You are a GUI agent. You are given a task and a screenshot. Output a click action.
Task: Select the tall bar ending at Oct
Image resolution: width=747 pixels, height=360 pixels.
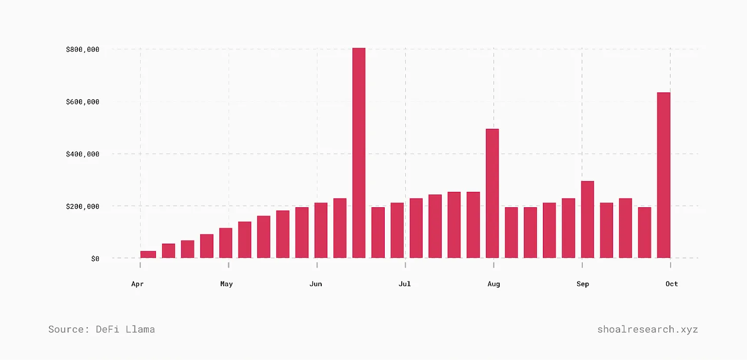663,175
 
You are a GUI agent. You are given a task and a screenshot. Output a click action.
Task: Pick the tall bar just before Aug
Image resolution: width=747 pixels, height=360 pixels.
492,193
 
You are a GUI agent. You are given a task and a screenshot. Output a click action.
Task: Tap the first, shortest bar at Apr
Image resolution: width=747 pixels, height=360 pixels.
148,254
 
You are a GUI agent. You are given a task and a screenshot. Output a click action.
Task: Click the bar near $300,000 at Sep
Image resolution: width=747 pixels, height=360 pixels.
587,219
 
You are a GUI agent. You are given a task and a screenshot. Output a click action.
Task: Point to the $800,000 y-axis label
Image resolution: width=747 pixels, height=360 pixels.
82,49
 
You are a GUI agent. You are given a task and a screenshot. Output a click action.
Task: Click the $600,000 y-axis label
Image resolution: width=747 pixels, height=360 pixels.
82,102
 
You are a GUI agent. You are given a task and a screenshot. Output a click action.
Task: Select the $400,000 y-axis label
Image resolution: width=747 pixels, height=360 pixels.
82,154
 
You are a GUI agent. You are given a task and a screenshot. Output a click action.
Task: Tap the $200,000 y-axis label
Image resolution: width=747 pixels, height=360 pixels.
82,206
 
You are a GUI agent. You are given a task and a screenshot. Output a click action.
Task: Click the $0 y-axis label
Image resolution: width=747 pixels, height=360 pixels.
95,258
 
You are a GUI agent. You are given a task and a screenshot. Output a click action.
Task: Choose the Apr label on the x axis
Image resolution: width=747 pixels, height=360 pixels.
137,284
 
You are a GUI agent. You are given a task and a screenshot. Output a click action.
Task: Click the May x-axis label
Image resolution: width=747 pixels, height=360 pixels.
226,284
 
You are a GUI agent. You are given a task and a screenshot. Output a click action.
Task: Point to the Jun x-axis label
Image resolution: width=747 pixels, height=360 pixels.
316,284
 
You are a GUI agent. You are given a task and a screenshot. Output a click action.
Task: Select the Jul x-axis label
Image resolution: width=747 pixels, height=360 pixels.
404,284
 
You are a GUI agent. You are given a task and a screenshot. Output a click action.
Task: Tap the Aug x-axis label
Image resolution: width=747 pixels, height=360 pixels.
494,284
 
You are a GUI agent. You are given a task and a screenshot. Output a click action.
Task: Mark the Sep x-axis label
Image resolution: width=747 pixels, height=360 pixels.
583,284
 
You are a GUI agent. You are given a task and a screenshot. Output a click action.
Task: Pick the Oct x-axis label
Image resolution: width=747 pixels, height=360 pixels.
672,284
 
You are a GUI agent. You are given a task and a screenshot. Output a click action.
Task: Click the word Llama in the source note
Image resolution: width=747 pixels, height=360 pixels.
140,329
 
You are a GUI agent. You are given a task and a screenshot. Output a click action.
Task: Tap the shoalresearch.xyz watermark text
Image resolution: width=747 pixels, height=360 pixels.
647,329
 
